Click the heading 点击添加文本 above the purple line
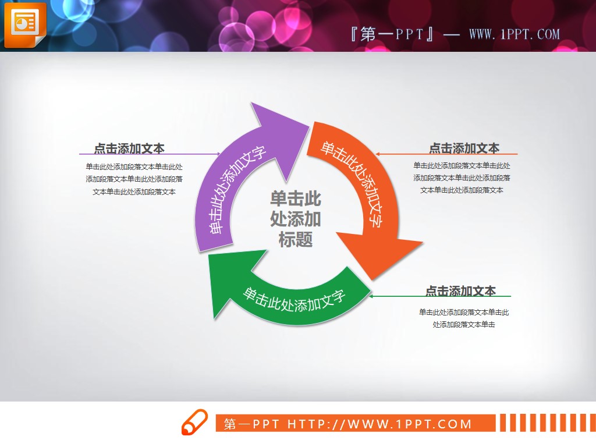[x=129, y=148]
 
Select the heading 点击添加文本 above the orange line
[x=464, y=148]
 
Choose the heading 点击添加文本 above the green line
[x=460, y=290]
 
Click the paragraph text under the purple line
[x=134, y=179]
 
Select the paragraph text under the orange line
[x=462, y=178]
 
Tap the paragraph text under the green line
[x=464, y=318]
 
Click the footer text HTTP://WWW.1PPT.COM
[x=379, y=424]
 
